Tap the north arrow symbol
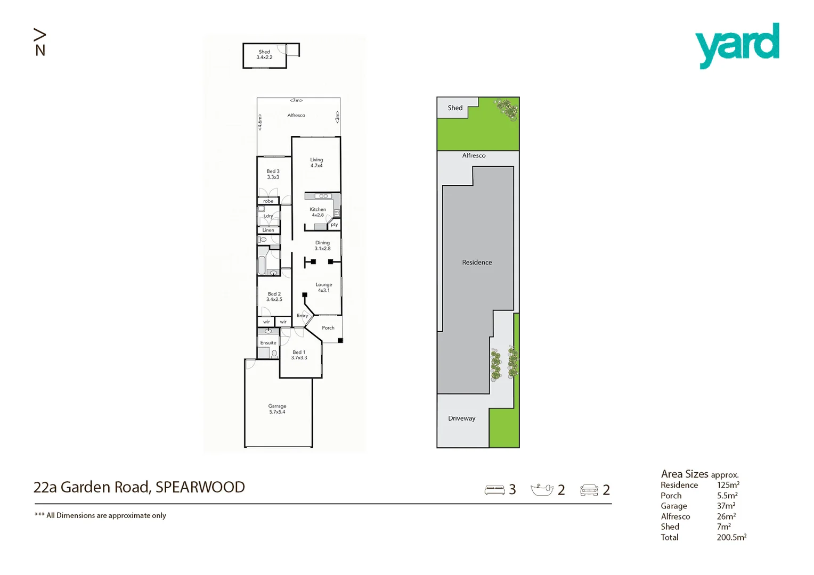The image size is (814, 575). pos(40,43)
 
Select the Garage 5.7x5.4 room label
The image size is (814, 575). pos(277,409)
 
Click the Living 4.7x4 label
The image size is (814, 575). pos(316,162)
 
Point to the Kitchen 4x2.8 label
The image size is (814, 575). pos(318,212)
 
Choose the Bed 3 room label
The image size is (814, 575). pos(273,174)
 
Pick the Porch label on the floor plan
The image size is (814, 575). pos(328,328)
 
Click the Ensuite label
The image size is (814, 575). pos(268,343)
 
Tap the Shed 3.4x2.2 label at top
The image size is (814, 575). pos(264,54)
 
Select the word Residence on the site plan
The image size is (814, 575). pos(477,262)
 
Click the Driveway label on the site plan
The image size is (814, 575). pos(461,418)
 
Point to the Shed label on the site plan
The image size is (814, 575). pos(455,108)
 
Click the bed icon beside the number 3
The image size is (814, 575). pos(494,490)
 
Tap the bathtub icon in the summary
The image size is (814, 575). pos(542,490)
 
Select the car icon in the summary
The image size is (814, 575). pos(589,490)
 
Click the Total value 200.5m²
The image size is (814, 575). pos(731,537)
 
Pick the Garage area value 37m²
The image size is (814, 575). pos(726,506)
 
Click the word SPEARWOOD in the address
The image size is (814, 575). pos(200,487)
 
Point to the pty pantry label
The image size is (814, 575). pos(334,225)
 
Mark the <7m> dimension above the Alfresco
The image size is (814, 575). pos(296,101)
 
